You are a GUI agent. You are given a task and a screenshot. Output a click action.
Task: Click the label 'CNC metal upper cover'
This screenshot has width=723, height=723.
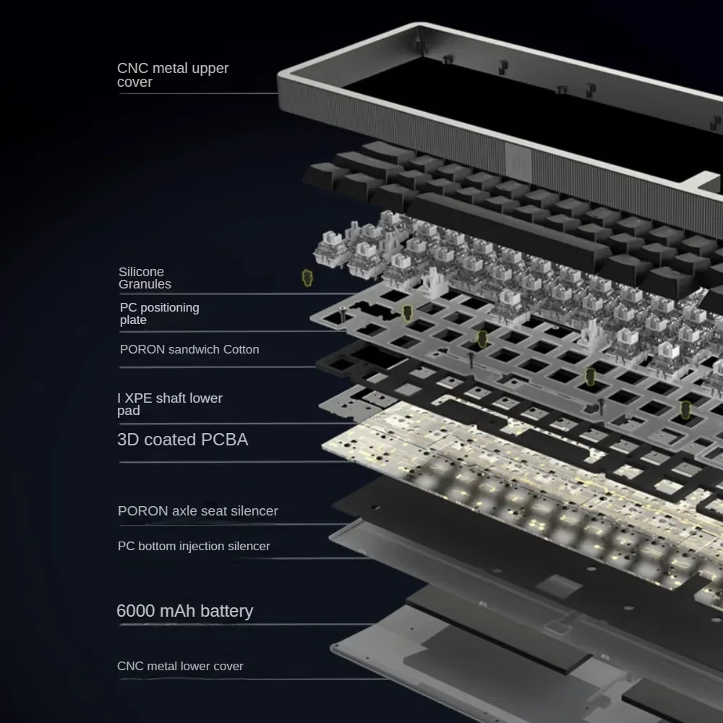point(173,75)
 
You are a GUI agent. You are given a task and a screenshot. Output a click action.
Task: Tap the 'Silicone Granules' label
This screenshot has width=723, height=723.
point(145,278)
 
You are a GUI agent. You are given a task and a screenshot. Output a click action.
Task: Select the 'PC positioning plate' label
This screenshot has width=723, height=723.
point(159,314)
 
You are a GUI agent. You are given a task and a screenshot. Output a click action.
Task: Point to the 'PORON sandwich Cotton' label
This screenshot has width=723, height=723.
point(189,349)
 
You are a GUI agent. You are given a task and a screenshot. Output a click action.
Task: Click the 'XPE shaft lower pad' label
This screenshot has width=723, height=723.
point(170,404)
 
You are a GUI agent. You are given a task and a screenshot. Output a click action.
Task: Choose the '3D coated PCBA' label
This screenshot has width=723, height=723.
point(182,440)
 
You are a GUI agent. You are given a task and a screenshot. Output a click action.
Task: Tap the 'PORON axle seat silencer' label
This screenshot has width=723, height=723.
point(197,511)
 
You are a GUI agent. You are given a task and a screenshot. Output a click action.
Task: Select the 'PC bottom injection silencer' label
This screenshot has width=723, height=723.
point(194,546)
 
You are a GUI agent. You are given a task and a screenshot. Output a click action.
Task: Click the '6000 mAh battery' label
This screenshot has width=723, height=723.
point(184,611)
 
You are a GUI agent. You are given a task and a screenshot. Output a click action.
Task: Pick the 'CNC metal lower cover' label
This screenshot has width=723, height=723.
point(180,666)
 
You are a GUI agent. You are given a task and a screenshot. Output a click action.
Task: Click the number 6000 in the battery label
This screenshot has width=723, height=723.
point(135,611)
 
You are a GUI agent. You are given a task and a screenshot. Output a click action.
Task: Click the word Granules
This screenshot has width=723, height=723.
point(145,284)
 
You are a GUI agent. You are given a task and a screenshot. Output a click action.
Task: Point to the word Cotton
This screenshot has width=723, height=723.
point(241,349)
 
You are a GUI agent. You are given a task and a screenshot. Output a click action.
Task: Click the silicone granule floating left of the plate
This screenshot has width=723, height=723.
point(307,277)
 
